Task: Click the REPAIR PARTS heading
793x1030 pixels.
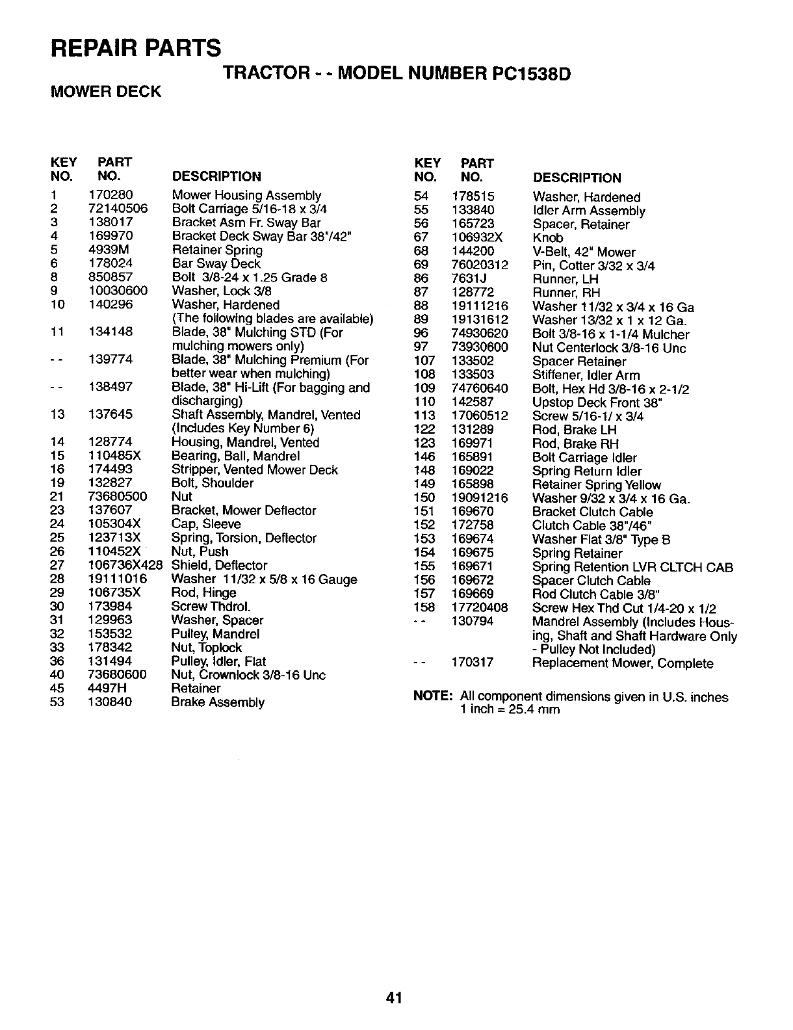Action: pos(136,47)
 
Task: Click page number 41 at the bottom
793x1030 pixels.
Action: pos(396,997)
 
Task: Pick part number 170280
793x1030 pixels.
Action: pos(110,195)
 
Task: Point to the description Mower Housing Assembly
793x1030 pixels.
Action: pos(246,195)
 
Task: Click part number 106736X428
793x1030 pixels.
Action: pos(123,565)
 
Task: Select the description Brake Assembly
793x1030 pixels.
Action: pos(218,702)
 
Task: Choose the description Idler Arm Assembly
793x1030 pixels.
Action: pos(589,211)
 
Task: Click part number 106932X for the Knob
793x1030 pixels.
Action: pos(477,238)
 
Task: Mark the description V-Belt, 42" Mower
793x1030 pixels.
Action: pos(584,252)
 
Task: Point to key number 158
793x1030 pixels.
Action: pos(424,608)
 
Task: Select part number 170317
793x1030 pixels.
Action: pos(473,663)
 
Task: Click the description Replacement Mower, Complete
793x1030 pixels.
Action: pos(623,663)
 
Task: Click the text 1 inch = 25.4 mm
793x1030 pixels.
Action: pos(510,709)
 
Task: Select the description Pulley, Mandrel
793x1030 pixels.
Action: pos(215,633)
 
